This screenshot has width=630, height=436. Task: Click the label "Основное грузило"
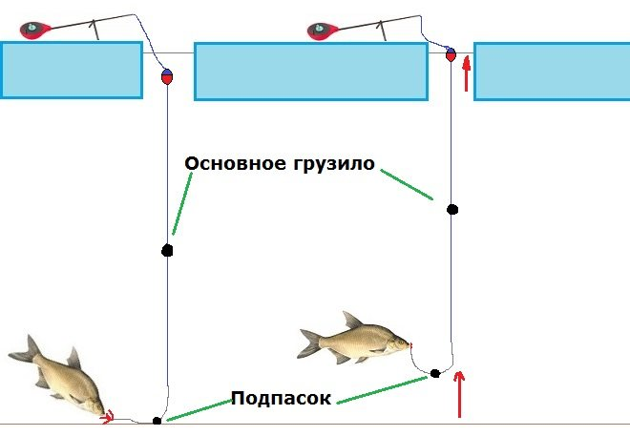click(x=279, y=164)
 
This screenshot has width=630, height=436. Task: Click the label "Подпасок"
click(x=281, y=398)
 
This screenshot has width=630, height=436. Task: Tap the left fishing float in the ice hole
click(x=166, y=77)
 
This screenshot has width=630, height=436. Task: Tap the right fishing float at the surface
click(x=451, y=56)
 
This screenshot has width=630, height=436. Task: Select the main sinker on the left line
click(x=167, y=251)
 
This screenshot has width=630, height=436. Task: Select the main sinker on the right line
click(x=452, y=209)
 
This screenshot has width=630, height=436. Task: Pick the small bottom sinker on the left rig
click(x=157, y=420)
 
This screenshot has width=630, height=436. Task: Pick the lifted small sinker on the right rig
click(x=434, y=372)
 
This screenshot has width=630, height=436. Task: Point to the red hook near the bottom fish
click(x=108, y=415)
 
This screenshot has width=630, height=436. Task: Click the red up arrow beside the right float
click(x=467, y=74)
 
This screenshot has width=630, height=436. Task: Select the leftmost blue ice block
click(x=72, y=70)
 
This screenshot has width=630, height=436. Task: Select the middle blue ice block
click(x=310, y=71)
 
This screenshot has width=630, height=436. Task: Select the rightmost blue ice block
click(x=551, y=71)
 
